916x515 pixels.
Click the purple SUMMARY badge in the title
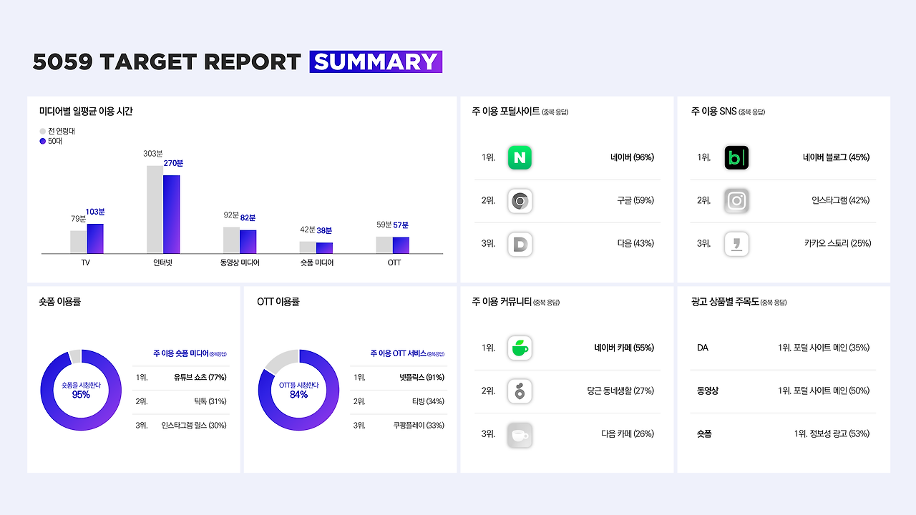[x=376, y=62]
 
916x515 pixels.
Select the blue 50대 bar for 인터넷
[x=171, y=214]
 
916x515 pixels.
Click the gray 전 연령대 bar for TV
[x=78, y=242]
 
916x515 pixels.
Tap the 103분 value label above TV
[x=95, y=212]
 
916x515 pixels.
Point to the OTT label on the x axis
[x=394, y=263]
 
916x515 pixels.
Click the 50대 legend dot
[x=42, y=141]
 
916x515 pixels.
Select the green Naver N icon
[x=520, y=157]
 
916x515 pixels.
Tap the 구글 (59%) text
[x=635, y=200]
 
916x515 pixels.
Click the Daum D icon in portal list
[x=520, y=244]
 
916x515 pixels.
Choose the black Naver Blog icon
[x=736, y=157]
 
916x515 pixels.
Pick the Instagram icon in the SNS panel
[x=736, y=201]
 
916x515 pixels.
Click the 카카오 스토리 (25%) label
[x=837, y=244]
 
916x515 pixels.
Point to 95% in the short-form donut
[x=81, y=394]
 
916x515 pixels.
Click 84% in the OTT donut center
[x=298, y=394]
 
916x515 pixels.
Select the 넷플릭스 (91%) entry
[x=422, y=377]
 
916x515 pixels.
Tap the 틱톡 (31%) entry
[x=210, y=401]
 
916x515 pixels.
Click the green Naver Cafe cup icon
[x=520, y=348]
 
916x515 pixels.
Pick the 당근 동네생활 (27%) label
[x=620, y=391]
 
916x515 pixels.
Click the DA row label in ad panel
[x=703, y=348]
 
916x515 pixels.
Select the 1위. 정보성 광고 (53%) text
[x=832, y=433]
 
